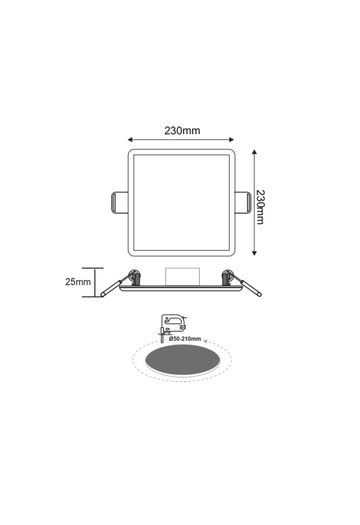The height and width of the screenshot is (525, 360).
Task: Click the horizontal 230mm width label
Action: [x=182, y=130]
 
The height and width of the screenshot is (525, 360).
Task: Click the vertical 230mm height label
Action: [x=260, y=207]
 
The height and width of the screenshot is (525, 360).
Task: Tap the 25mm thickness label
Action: [x=78, y=282]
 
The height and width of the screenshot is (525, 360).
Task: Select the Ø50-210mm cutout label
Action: [x=185, y=339]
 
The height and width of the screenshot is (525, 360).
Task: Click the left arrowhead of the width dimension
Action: [x=130, y=139]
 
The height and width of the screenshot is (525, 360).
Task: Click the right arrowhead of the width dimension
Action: [x=231, y=139]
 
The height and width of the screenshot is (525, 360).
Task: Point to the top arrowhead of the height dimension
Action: [x=254, y=152]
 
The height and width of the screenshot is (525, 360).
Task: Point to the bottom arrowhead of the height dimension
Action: [x=254, y=253]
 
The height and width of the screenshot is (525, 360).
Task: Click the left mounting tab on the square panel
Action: [x=120, y=202]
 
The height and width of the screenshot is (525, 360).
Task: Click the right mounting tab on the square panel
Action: [x=243, y=202]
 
